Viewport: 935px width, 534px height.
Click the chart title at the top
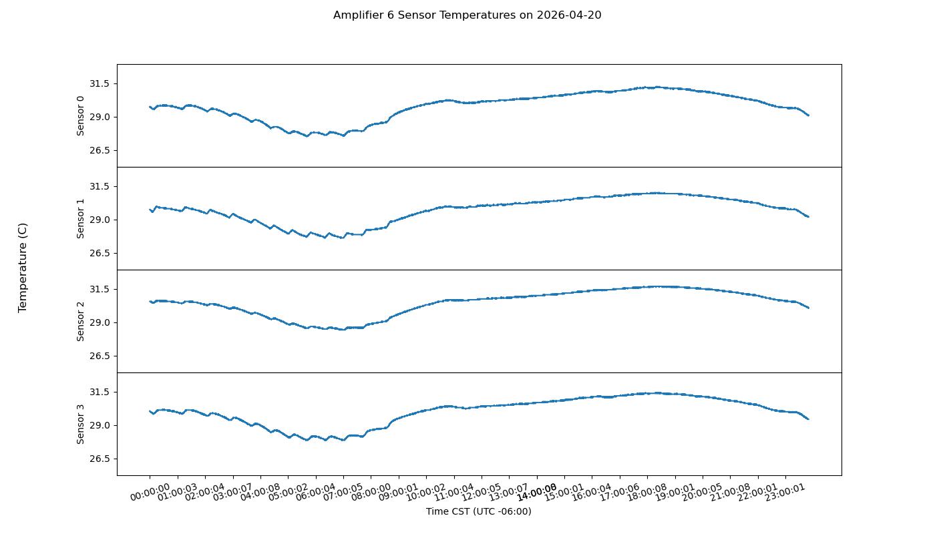pyautogui.click(x=467, y=15)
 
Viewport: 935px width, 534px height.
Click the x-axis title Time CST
pyautogui.click(x=478, y=511)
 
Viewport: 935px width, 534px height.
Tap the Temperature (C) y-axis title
pyautogui.click(x=23, y=267)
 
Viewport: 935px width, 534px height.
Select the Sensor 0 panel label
pyautogui.click(x=81, y=115)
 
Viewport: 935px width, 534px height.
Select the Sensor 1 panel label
pyautogui.click(x=81, y=218)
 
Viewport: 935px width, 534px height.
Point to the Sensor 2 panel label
pyautogui.click(x=81, y=321)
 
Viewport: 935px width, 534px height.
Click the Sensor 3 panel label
pyautogui.click(x=81, y=424)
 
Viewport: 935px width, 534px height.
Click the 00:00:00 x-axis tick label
pyautogui.click(x=150, y=493)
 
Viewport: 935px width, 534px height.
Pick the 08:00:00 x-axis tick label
pyautogui.click(x=372, y=493)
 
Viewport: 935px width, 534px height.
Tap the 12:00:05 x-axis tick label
pyautogui.click(x=482, y=493)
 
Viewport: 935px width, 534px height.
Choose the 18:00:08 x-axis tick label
pyautogui.click(x=648, y=493)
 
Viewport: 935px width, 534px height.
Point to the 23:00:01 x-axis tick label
pyautogui.click(x=786, y=493)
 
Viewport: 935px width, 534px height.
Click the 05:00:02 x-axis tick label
pyautogui.click(x=289, y=493)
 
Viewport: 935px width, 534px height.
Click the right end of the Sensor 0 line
pyautogui.click(x=808, y=115)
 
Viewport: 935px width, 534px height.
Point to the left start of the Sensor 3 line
pyautogui.click(x=150, y=411)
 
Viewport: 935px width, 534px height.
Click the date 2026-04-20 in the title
pyautogui.click(x=568, y=15)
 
